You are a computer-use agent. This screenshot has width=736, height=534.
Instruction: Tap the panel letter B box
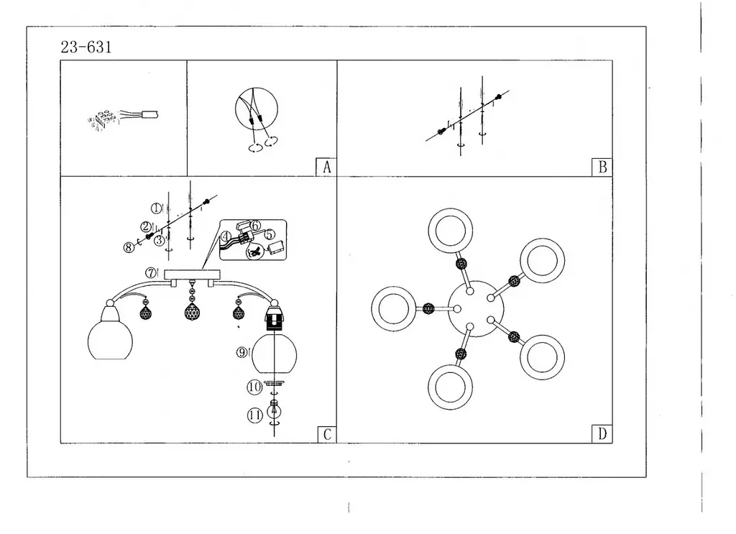tap(602, 167)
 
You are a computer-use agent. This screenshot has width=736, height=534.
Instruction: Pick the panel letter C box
tap(326, 433)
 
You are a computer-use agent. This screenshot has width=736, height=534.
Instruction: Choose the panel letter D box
tap(602, 433)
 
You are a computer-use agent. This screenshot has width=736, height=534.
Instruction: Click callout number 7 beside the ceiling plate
tap(151, 273)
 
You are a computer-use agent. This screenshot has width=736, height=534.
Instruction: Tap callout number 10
tap(254, 387)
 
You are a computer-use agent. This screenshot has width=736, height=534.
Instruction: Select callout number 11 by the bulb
tap(254, 415)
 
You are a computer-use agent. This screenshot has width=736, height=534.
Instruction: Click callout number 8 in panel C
tap(129, 248)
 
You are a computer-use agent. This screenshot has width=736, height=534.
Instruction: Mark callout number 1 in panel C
tap(156, 208)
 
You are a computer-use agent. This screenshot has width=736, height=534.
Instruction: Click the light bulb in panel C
tap(274, 412)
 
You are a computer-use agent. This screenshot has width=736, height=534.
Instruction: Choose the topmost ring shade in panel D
tap(450, 231)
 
